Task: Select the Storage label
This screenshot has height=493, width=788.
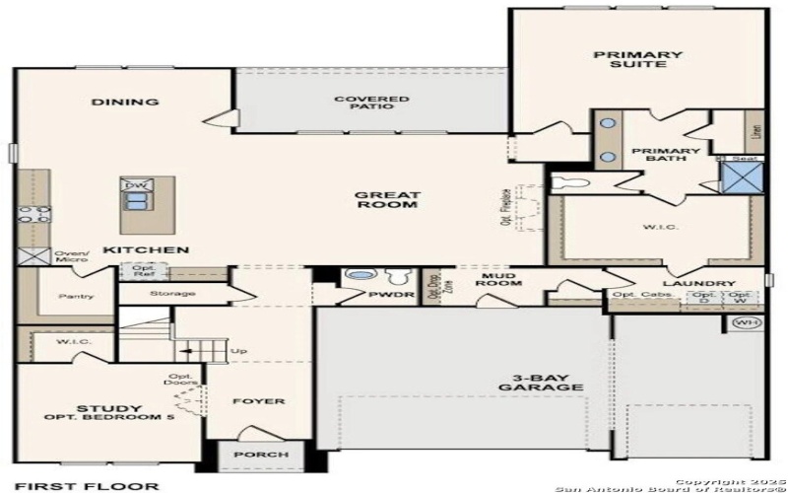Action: click(172, 294)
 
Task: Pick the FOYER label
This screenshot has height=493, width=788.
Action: click(258, 402)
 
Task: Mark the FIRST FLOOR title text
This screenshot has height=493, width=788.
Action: click(87, 485)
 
